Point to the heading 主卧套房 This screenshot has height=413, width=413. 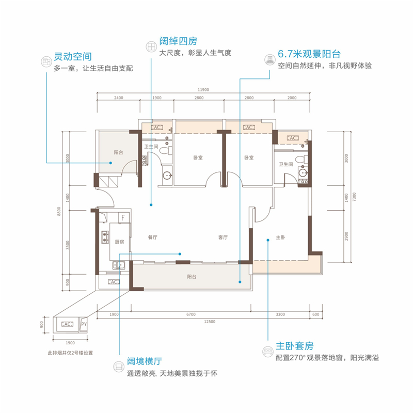click(x=294, y=346)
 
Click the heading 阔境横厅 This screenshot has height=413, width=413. click(x=146, y=362)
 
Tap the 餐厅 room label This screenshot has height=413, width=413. click(x=152, y=238)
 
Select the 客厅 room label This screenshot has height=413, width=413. click(x=223, y=238)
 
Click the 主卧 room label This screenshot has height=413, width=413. click(x=280, y=238)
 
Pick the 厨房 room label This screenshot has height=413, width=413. click(x=120, y=241)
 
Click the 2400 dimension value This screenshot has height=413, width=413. click(x=118, y=98)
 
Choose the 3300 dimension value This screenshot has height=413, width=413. click(x=280, y=314)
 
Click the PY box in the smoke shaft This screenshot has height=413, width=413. click(x=84, y=324)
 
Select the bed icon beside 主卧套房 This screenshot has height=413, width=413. click(x=267, y=351)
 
